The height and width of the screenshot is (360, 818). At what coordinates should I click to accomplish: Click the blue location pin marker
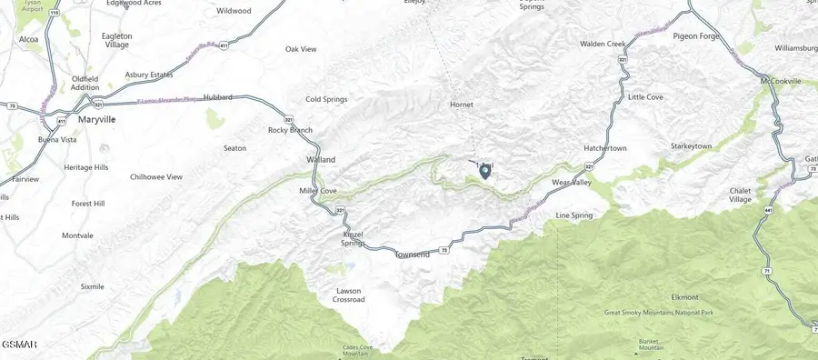pyautogui.click(x=484, y=170)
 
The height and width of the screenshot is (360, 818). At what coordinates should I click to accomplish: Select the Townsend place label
pyautogui.click(x=412, y=255)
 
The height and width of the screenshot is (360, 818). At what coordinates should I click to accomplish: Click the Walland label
pyautogui.click(x=320, y=160)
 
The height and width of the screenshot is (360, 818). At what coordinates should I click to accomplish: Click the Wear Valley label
pyautogui.click(x=572, y=183)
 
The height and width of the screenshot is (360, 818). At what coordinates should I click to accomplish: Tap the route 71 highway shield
pyautogui.click(x=766, y=272)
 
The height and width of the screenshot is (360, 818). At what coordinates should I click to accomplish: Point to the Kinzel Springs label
pyautogui.click(x=353, y=238)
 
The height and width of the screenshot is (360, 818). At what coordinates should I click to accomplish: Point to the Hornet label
pyautogui.click(x=462, y=105)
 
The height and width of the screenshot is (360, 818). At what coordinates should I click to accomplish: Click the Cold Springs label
pyautogui.click(x=326, y=98)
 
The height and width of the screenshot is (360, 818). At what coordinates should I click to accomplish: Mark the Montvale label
pyautogui.click(x=77, y=235)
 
